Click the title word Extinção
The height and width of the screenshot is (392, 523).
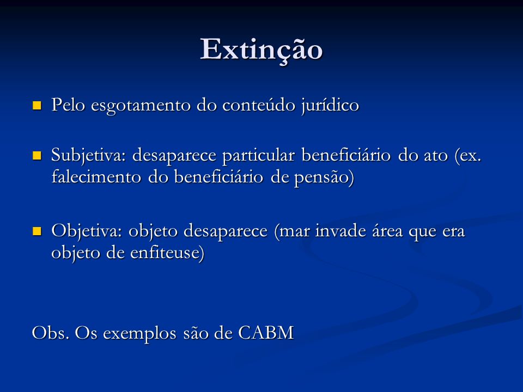261,50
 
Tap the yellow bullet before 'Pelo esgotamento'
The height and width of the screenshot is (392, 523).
37,106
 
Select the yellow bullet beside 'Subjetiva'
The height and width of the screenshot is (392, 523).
37,156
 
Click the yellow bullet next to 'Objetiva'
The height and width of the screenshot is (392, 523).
37,231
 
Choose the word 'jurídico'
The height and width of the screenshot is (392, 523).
330,106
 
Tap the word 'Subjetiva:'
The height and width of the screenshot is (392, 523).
89,156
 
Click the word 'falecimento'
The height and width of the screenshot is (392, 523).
97,176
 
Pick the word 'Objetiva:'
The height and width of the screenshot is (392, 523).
87,231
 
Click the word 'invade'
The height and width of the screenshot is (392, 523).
340,231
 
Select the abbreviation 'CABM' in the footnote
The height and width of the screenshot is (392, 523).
266,333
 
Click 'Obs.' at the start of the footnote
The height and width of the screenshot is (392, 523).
50,333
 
